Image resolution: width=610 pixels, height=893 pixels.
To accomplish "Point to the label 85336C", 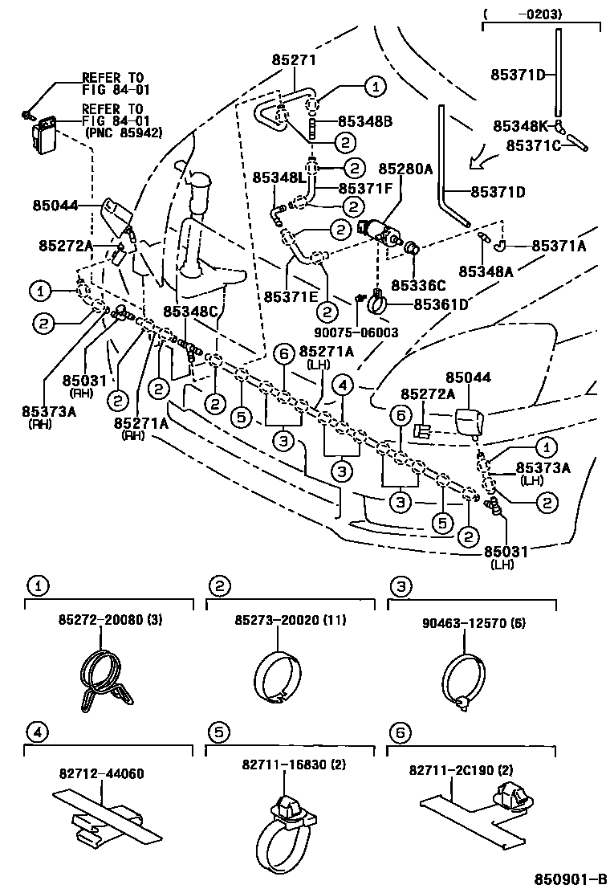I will pyautogui.click(x=418, y=285).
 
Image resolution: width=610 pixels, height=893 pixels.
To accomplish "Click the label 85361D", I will pyautogui.click(x=441, y=304).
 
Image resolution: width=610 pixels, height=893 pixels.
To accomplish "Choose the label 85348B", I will pyautogui.click(x=364, y=121).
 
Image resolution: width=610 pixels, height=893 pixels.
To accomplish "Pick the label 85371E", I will pyautogui.click(x=291, y=296).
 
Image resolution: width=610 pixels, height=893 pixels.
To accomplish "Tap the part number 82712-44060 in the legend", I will pyautogui.click(x=101, y=774).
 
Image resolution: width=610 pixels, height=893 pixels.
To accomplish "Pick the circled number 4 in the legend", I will pyautogui.click(x=35, y=732).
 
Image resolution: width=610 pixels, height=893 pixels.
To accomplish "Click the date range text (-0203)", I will pyautogui.click(x=535, y=14).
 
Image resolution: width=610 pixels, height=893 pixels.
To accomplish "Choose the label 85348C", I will pyautogui.click(x=190, y=311).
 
